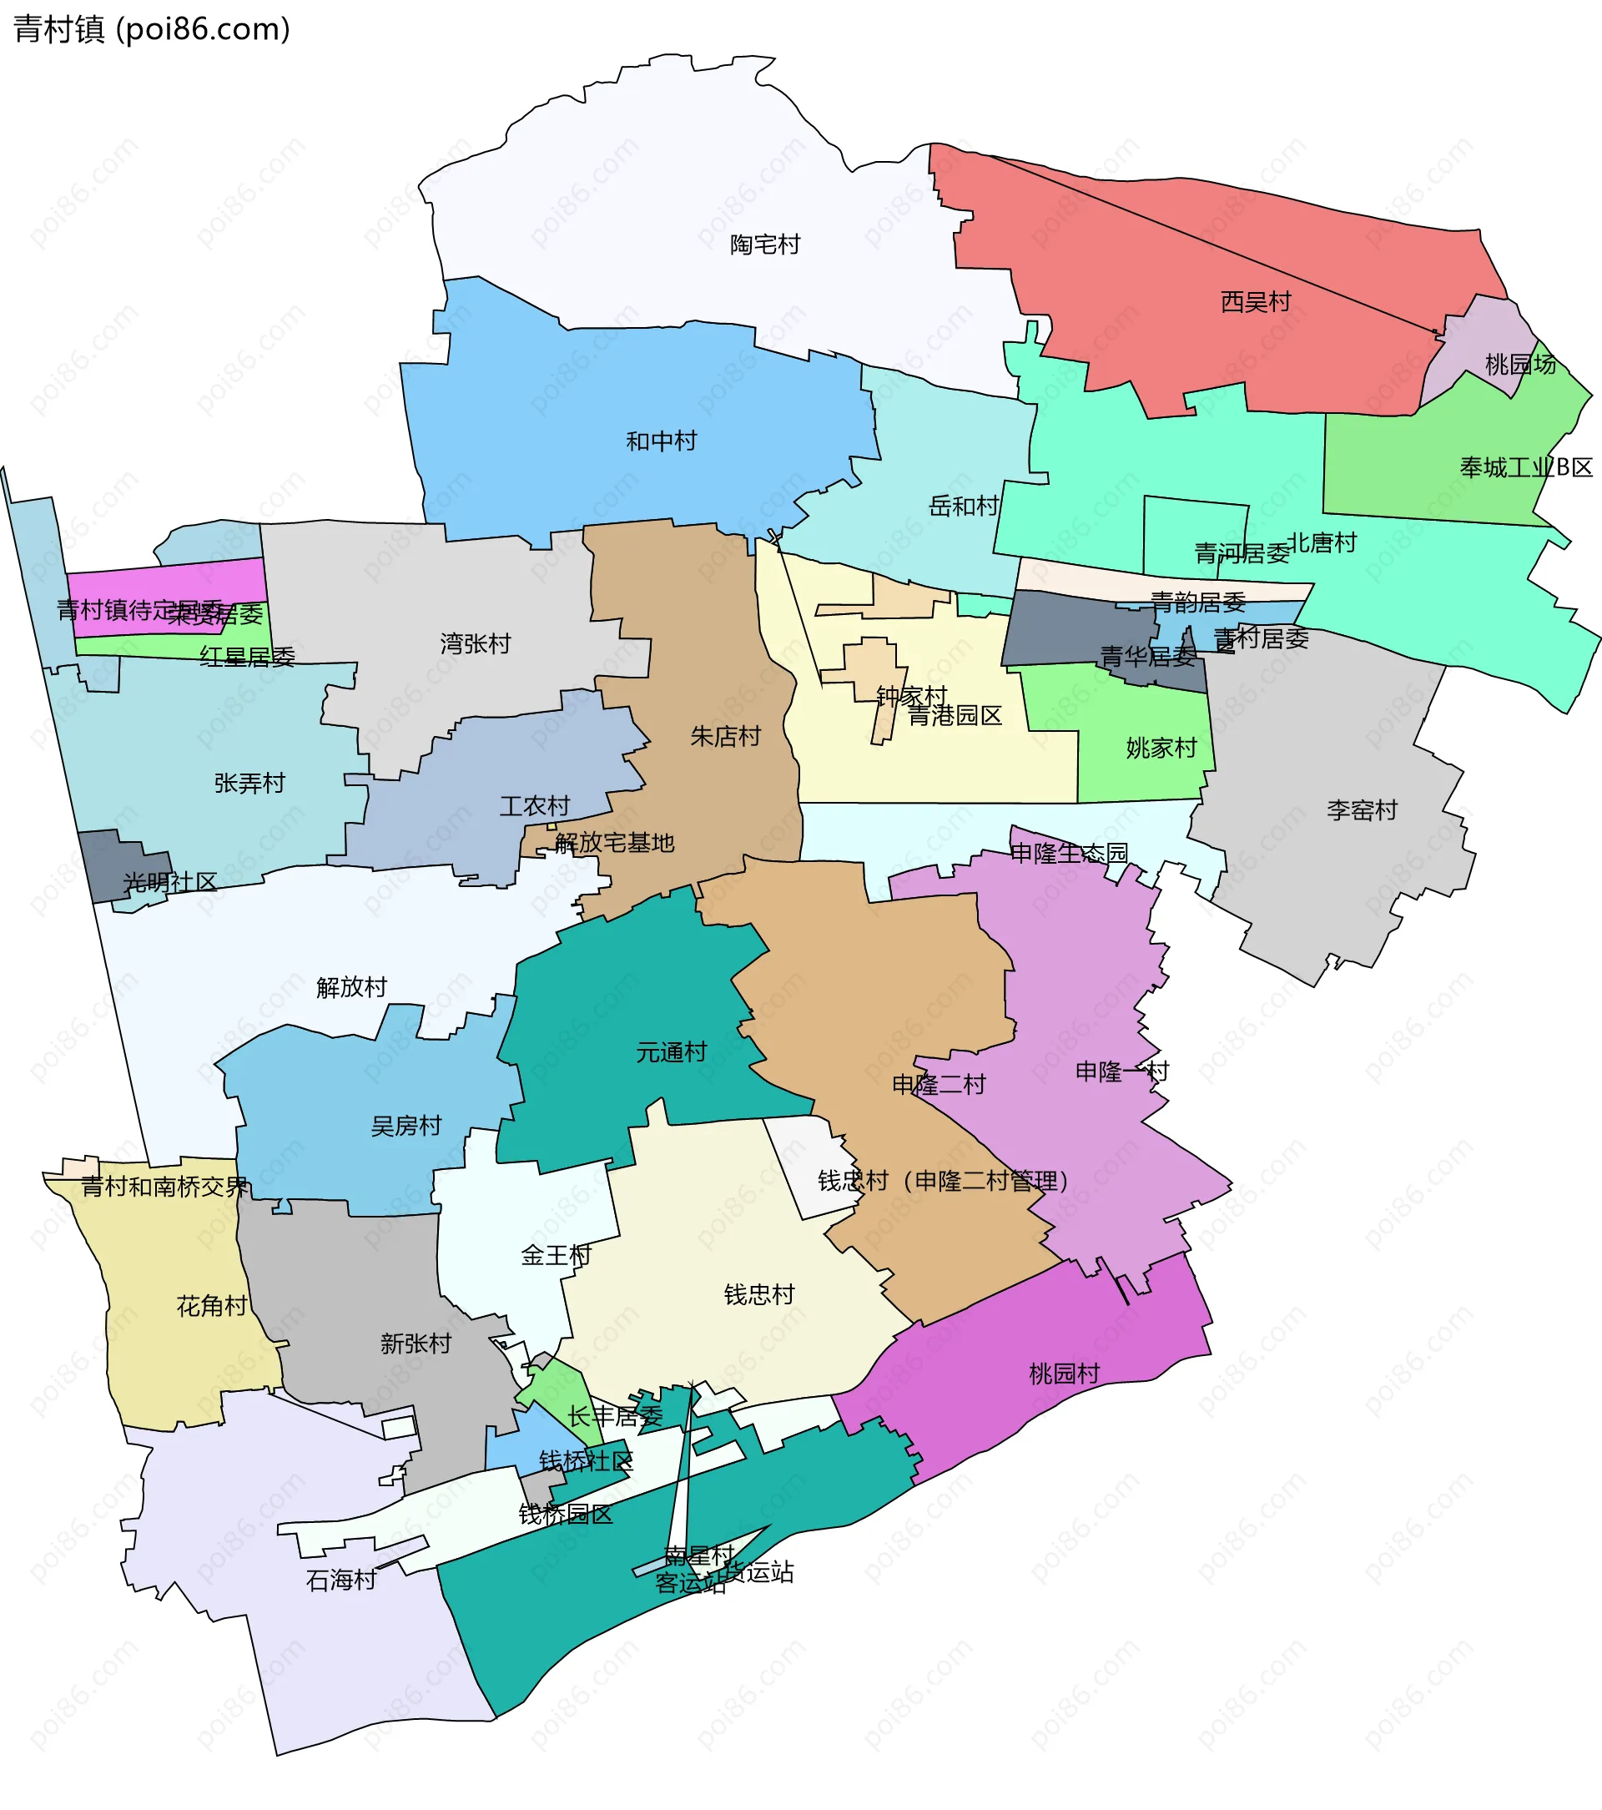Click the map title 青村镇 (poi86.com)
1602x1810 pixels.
click(151, 29)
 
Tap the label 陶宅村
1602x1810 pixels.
click(764, 245)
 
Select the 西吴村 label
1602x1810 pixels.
click(1255, 302)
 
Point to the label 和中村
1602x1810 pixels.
click(661, 441)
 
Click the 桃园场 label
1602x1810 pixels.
click(1519, 364)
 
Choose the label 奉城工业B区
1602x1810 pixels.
click(1526, 466)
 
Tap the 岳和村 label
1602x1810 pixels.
click(963, 507)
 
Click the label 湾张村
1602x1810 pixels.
click(475, 643)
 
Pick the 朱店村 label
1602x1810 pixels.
click(724, 736)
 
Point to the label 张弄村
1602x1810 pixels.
click(249, 783)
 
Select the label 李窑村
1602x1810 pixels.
click(1361, 809)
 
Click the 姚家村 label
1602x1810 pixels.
click(1161, 749)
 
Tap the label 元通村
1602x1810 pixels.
click(672, 1052)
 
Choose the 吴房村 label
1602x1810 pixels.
click(406, 1126)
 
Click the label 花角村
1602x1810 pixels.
click(212, 1305)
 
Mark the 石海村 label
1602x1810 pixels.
click(341, 1580)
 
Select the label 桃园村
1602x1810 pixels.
click(1064, 1374)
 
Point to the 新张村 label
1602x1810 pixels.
click(416, 1344)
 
